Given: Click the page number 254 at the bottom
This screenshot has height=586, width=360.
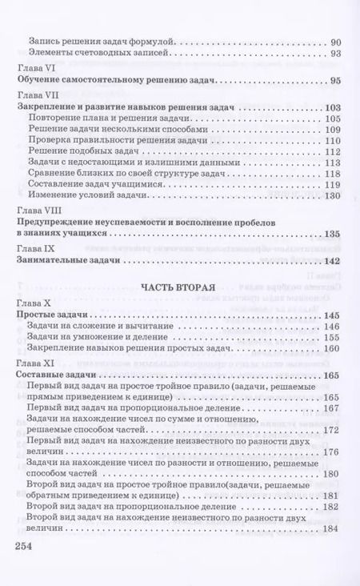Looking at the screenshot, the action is (28, 546).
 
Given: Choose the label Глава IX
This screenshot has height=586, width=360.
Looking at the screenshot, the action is (36, 248).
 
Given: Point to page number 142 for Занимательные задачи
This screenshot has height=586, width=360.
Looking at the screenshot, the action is (332, 261).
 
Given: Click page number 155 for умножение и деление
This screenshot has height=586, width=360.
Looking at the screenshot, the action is (333, 340).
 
